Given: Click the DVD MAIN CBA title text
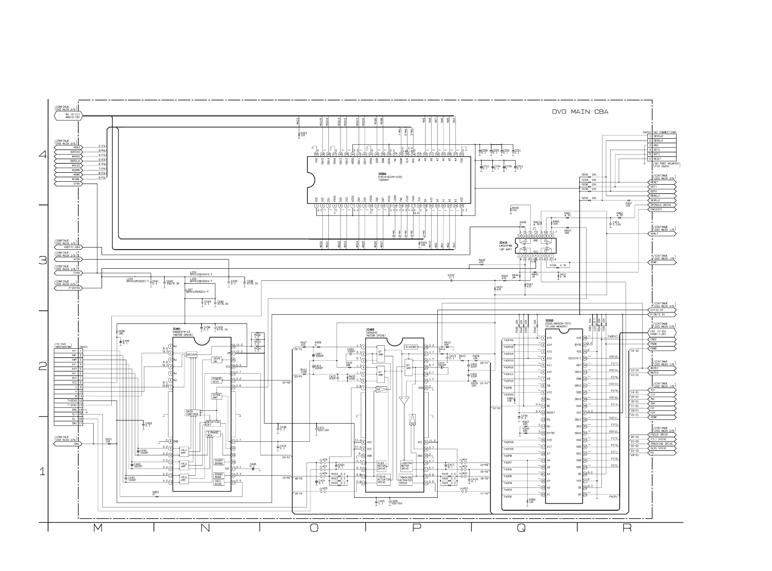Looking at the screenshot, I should pyautogui.click(x=580, y=112).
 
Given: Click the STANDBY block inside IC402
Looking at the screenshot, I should pyautogui.click(x=411, y=347).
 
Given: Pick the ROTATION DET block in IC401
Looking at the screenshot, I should pyautogui.click(x=213, y=423).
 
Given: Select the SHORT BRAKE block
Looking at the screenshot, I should pyautogui.click(x=219, y=462).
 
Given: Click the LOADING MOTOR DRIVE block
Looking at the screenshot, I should pyautogui.click(x=406, y=466).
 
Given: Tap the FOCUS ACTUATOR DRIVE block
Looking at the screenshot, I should pyautogui.click(x=383, y=479).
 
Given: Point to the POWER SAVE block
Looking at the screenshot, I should pyautogui.click(x=216, y=380).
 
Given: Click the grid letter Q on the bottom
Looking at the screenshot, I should pyautogui.click(x=521, y=528).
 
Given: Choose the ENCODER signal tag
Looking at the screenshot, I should pyautogui.click(x=656, y=210).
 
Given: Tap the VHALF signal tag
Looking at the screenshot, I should pyautogui.click(x=655, y=234).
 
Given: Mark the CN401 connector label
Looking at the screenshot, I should pyautogui.click(x=83, y=347).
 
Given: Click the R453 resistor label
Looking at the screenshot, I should pyautogui.click(x=155, y=492).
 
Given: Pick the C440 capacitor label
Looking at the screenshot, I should pyautogui.click(x=253, y=465).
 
